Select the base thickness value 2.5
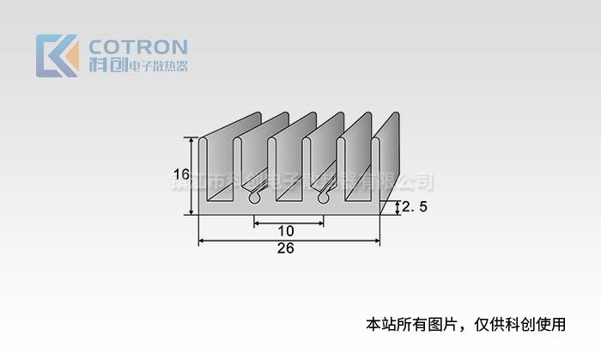click(415, 207)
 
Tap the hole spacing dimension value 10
click(286, 230)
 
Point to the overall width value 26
click(286, 248)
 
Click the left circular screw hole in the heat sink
click(254, 198)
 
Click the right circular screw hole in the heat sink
click(325, 198)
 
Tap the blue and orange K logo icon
click(57, 56)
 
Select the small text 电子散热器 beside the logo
click(157, 67)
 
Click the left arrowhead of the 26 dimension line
click(202, 241)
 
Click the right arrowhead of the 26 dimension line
click(378, 241)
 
